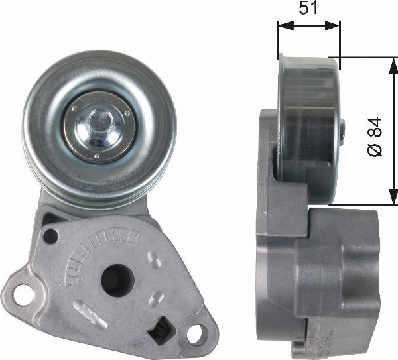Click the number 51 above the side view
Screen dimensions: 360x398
point(308,9)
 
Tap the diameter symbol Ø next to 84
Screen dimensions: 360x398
point(375,150)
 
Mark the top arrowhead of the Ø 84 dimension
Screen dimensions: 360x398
point(390,60)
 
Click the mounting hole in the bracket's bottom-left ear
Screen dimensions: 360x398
point(24,294)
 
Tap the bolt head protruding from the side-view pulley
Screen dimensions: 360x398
point(342,131)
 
